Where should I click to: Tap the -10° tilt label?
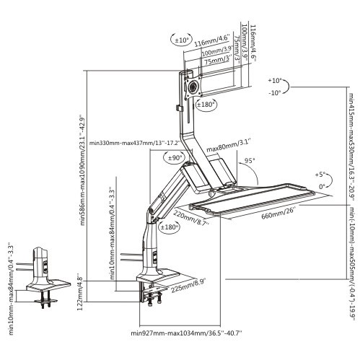pos(275,94)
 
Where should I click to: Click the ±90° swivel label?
pos(174,157)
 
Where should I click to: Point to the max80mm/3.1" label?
pos(224,149)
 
